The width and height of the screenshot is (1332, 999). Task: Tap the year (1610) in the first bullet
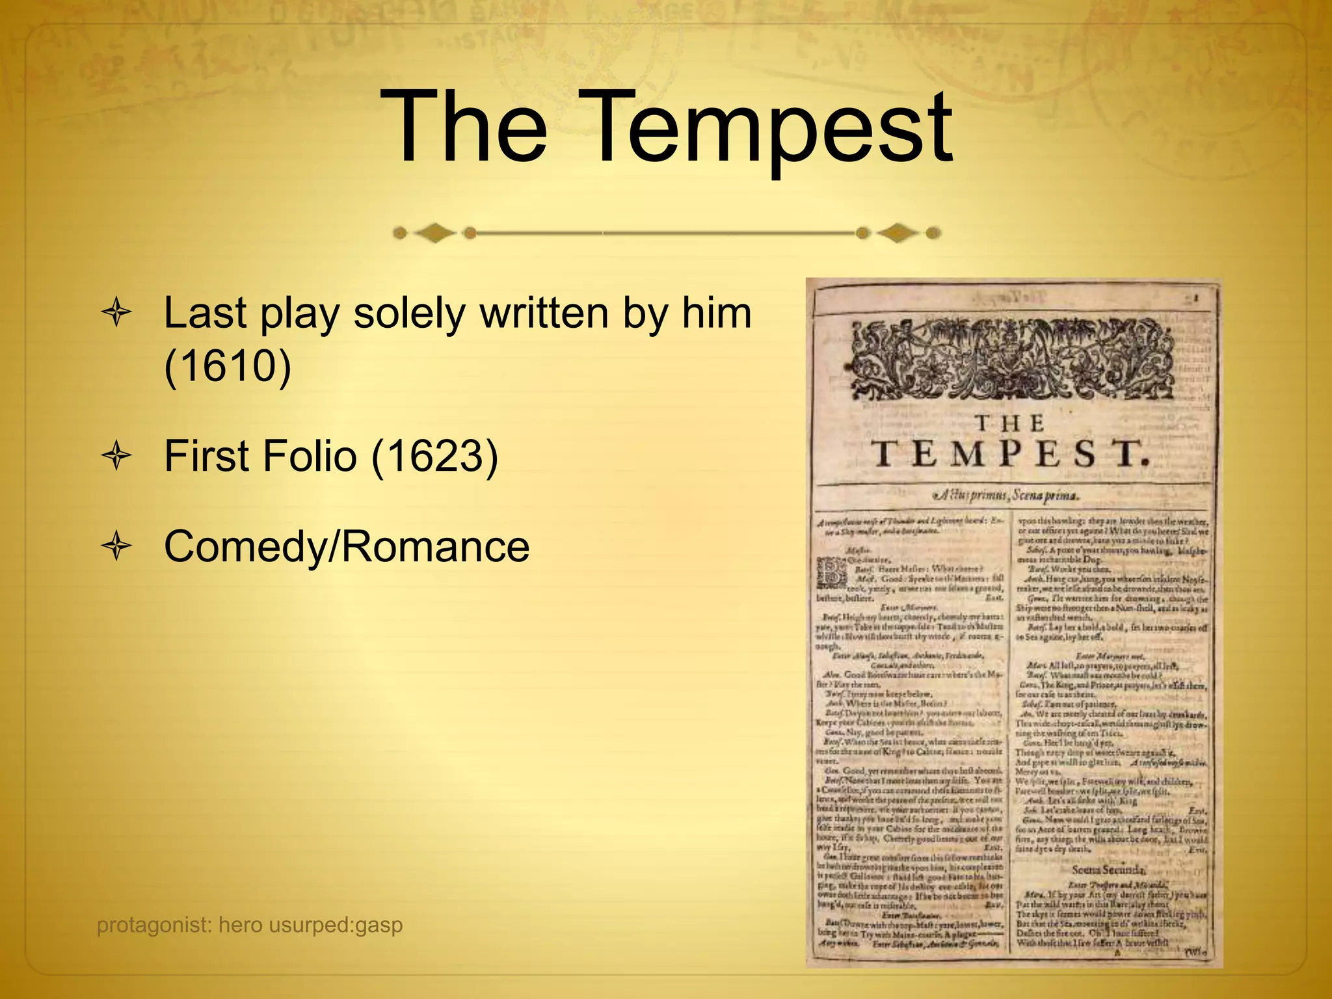[x=227, y=366]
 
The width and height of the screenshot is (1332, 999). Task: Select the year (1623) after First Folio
[x=434, y=456]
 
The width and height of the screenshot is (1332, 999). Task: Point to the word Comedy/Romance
[x=347, y=546]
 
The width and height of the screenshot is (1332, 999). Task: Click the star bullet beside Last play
[x=116, y=314]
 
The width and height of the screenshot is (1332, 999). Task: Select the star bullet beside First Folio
[x=116, y=457]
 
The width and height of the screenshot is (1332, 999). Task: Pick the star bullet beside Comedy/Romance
[x=116, y=548]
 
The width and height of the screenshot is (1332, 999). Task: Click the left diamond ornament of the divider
[x=434, y=232]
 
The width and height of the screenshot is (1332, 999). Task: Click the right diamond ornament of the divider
[x=899, y=232]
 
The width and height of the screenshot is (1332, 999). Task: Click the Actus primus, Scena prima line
[x=1012, y=496]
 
